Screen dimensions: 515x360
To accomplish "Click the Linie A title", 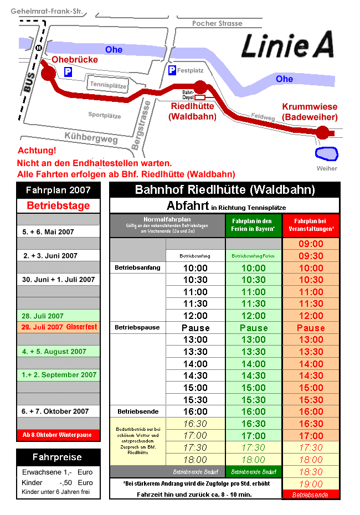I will click(x=287, y=45).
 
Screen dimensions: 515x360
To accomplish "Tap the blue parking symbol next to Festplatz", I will click(x=172, y=70).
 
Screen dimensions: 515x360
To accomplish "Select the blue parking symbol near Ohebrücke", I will click(x=68, y=72).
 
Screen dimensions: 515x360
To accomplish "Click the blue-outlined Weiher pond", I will click(x=326, y=153).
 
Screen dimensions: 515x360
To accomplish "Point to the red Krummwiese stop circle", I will click(x=322, y=132).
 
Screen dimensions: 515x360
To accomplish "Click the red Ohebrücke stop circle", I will click(x=48, y=74).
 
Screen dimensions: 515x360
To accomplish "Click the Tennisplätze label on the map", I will click(x=109, y=85).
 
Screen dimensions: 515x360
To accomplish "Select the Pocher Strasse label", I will click(x=217, y=23).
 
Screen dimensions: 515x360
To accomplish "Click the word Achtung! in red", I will click(x=37, y=151).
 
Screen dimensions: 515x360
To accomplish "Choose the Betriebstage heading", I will click(x=58, y=205).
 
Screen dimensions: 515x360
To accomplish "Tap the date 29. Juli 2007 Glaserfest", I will click(x=58, y=327).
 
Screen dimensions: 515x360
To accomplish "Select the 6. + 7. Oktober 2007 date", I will click(x=55, y=411).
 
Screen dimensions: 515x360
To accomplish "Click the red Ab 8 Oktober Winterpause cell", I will click(x=58, y=435).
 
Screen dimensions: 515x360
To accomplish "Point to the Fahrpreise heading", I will click(x=57, y=457).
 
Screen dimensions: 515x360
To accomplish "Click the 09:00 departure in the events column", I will click(x=311, y=244).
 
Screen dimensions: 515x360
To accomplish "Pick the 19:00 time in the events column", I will click(x=311, y=483).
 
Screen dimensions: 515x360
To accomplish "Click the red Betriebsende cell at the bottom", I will click(x=310, y=495).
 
